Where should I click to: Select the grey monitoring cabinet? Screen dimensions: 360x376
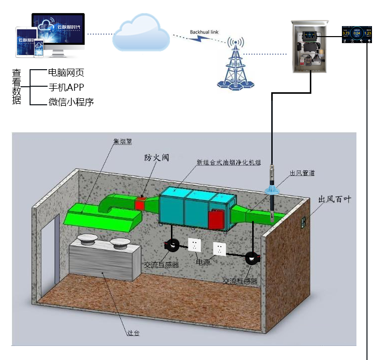click(309, 46)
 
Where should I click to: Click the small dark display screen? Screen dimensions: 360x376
click(356, 34)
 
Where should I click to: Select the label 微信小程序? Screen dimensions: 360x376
click(71, 102)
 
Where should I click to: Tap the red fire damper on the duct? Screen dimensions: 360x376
click(141, 203)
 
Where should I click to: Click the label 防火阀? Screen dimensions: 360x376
click(157, 157)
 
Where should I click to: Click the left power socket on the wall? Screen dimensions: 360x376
click(194, 245)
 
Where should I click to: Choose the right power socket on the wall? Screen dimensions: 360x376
click(220, 248)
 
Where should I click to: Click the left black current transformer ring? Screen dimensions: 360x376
click(173, 245)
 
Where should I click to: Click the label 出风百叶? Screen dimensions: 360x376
click(335, 199)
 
